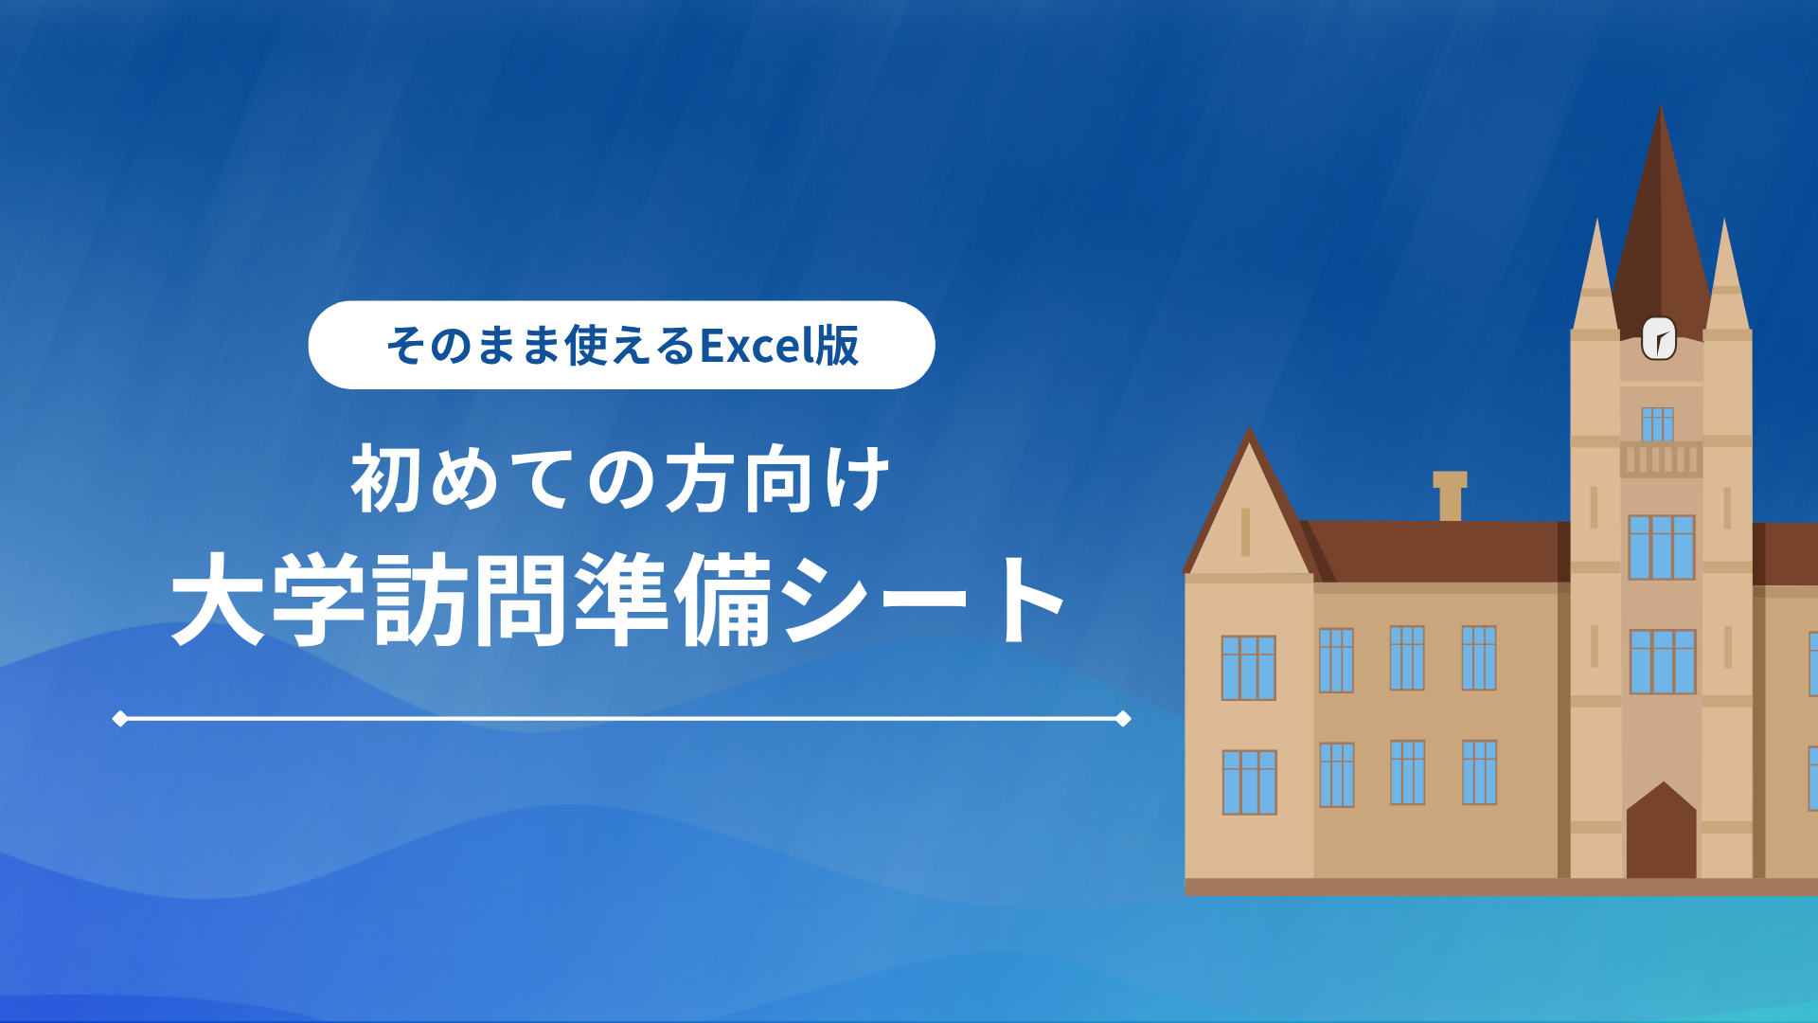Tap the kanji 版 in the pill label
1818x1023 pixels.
tap(838, 345)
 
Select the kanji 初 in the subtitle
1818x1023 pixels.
tap(386, 479)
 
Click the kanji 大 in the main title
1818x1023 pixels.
tap(217, 600)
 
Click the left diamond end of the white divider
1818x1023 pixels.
tap(120, 719)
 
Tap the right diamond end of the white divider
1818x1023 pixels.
tap(1123, 719)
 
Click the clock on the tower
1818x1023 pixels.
tap(1659, 338)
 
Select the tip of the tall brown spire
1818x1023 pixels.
tap(1660, 106)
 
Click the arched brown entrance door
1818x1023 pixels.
tap(1661, 831)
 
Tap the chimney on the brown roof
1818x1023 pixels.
tap(1450, 496)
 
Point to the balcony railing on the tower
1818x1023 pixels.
tap(1661, 459)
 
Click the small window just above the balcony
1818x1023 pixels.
tap(1658, 424)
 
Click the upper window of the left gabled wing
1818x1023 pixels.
tap(1249, 668)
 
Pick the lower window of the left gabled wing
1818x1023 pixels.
tap(1249, 782)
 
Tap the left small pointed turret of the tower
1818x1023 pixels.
tap(1596, 275)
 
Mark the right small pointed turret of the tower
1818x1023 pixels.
tap(1726, 275)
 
